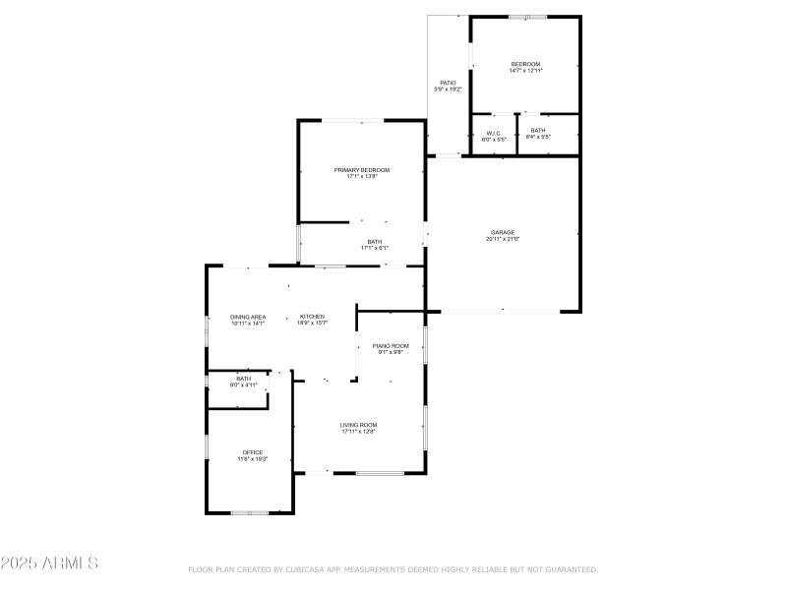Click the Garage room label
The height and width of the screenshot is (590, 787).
[503, 232]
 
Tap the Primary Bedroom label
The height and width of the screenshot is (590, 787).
[361, 170]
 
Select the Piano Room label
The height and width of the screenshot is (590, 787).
[391, 346]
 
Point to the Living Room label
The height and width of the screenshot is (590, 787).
[359, 425]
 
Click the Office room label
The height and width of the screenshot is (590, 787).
[253, 452]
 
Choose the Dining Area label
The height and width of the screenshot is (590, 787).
[248, 317]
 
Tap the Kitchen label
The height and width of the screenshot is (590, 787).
[312, 317]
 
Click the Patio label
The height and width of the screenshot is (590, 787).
[448, 83]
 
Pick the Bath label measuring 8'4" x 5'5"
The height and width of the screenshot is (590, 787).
[538, 131]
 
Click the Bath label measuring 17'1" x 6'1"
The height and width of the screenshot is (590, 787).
[375, 242]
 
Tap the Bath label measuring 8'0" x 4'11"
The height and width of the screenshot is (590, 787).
[243, 379]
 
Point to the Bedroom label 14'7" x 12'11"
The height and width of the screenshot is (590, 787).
[525, 65]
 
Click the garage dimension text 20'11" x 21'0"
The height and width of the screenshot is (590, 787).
[503, 239]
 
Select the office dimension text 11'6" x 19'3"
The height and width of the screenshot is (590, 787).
[253, 459]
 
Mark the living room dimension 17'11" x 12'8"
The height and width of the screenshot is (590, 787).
[359, 432]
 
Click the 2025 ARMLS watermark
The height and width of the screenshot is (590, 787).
[49, 563]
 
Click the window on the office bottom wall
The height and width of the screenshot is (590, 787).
[250, 512]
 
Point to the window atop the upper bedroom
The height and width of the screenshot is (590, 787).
[527, 17]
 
